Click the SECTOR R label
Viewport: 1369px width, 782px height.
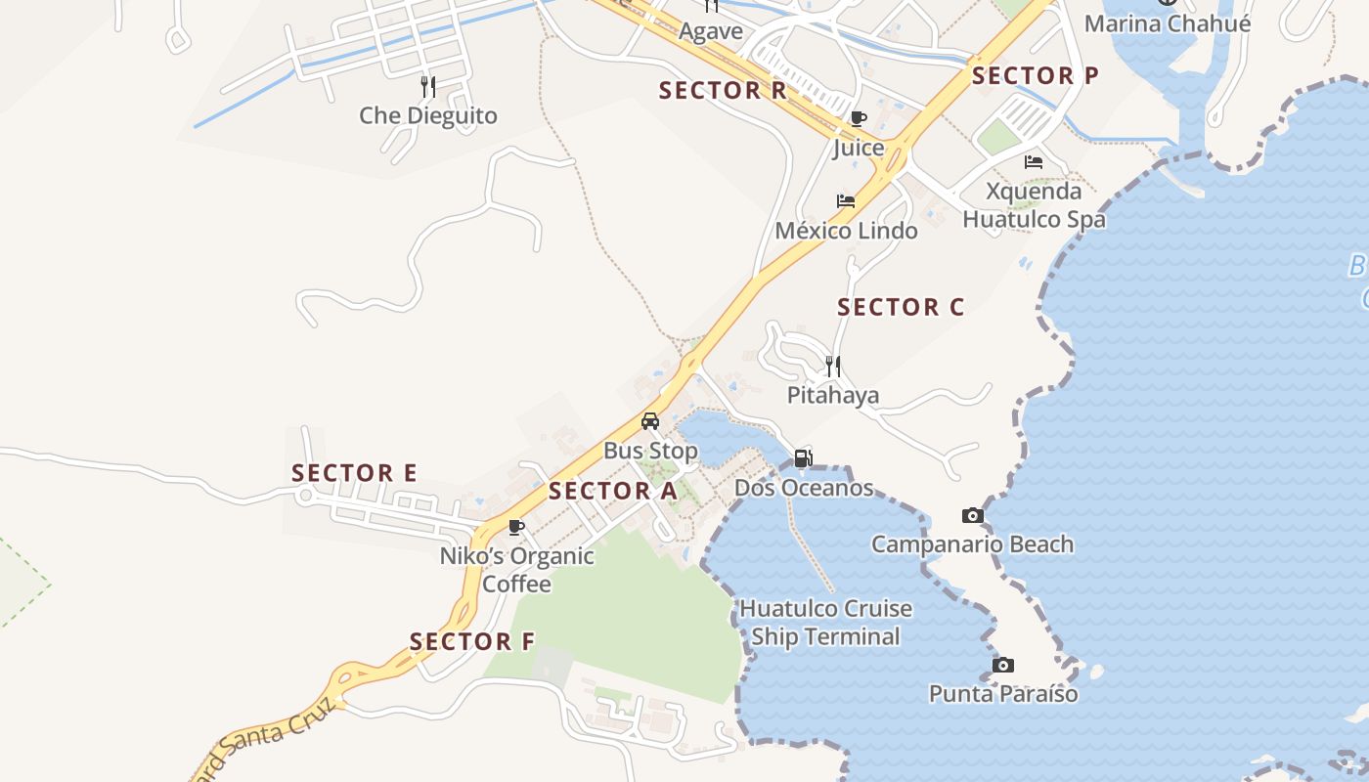pos(723,91)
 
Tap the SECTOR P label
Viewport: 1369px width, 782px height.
pos(1035,75)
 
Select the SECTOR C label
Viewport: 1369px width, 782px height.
pos(901,307)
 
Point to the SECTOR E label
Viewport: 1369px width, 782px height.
pos(354,473)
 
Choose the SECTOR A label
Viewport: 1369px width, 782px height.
pos(612,491)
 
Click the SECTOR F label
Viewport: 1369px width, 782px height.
pos(472,642)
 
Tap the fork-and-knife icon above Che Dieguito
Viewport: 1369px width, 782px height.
pos(428,86)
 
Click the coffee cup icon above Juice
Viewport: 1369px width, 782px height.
pos(859,119)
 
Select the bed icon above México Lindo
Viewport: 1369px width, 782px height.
pos(846,201)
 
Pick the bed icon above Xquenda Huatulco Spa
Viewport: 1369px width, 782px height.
pos(1034,161)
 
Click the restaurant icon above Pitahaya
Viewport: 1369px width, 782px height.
pos(833,367)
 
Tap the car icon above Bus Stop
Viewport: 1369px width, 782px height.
pos(650,421)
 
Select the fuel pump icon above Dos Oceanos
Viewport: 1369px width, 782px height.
pos(803,457)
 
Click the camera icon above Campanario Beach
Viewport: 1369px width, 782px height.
pos(972,515)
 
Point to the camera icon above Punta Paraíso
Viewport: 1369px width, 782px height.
pos(1002,665)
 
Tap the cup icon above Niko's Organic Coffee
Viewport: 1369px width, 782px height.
pos(516,527)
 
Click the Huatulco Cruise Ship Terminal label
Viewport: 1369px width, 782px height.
pos(825,623)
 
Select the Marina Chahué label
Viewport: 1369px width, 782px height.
pos(1167,23)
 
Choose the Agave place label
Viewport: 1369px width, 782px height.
pos(711,31)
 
